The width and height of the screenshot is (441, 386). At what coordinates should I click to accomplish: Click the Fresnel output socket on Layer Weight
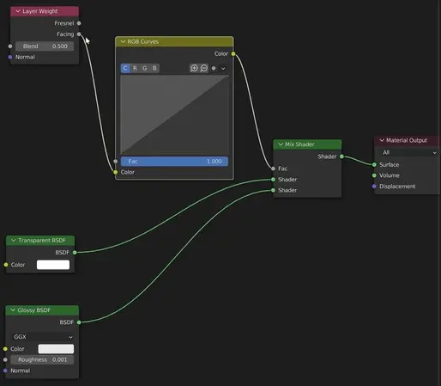(79, 23)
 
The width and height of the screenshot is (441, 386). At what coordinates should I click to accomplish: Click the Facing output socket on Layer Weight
(79, 34)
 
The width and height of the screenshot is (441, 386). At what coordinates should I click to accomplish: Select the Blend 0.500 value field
(45, 46)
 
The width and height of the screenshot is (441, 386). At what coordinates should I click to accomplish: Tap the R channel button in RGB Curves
(135, 68)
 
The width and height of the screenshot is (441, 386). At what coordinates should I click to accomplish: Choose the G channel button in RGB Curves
(145, 68)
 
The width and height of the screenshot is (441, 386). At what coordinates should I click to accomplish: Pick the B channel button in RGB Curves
(154, 68)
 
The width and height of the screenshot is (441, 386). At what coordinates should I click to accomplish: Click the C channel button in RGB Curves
(125, 68)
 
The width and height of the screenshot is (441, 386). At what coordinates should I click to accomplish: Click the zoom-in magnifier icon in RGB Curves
(194, 68)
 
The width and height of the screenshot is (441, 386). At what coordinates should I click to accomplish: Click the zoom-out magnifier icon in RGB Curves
(204, 68)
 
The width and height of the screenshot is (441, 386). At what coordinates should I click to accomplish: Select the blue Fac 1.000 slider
(174, 162)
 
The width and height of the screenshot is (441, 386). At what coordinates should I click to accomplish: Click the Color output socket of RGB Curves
(233, 54)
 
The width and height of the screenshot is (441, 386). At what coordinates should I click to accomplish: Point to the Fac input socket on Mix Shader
(273, 168)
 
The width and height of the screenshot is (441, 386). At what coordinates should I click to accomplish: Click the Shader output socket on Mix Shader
(341, 156)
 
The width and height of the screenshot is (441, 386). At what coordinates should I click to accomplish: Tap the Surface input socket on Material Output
(374, 164)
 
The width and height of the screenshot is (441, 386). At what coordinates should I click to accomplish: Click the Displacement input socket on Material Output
(374, 187)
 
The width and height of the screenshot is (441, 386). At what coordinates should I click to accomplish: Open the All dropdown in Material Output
(409, 152)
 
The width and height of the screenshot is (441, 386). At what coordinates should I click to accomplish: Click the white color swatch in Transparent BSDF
(53, 265)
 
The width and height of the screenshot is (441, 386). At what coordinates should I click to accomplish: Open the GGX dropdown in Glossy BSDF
(43, 337)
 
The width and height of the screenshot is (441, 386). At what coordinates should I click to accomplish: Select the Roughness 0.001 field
(42, 359)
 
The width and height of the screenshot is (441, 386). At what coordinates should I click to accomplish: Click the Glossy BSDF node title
(33, 310)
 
